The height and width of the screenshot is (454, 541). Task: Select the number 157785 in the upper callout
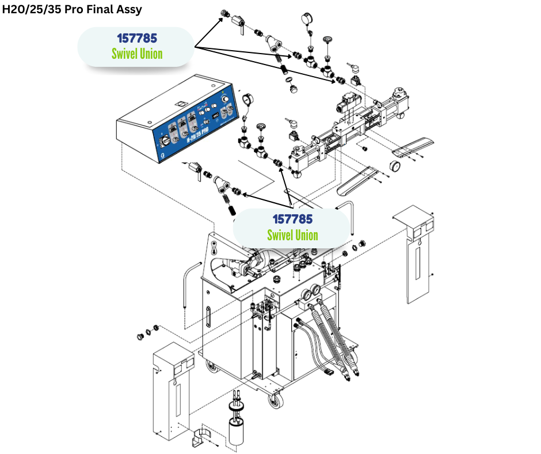tap(137, 38)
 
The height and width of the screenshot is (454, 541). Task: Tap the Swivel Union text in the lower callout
tap(292, 235)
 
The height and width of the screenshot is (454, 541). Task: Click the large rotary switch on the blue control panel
tap(165, 140)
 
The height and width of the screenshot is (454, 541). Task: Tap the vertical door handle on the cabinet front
tap(207, 317)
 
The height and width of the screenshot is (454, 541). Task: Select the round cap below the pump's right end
tap(396, 167)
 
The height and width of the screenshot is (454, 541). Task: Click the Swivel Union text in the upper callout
tap(137, 54)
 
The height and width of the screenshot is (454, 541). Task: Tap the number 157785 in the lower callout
tap(292, 220)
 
